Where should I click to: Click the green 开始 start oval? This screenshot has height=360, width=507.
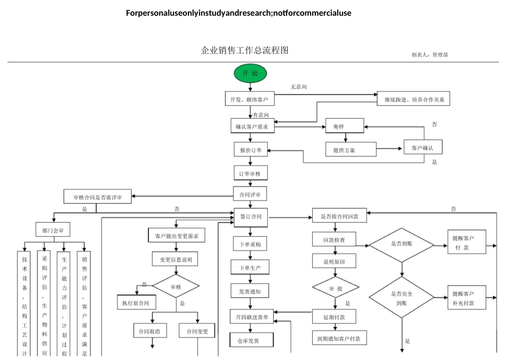250,73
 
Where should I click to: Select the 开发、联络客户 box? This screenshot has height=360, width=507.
249,99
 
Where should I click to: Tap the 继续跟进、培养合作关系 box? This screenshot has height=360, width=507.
414,99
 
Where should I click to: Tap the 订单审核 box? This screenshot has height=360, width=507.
250,174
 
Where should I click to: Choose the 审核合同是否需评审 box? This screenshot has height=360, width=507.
97,197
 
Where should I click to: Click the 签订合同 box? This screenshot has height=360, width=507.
251,217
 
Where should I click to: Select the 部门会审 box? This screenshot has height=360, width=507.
52,231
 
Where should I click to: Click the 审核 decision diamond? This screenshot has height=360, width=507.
176,287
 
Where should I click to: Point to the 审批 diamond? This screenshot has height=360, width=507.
336,288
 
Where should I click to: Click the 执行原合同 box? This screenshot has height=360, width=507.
136,302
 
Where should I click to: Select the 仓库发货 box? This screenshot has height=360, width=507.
251,340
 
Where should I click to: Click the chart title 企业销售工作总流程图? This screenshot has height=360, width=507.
244,51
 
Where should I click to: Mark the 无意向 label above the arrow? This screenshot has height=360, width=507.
298,87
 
